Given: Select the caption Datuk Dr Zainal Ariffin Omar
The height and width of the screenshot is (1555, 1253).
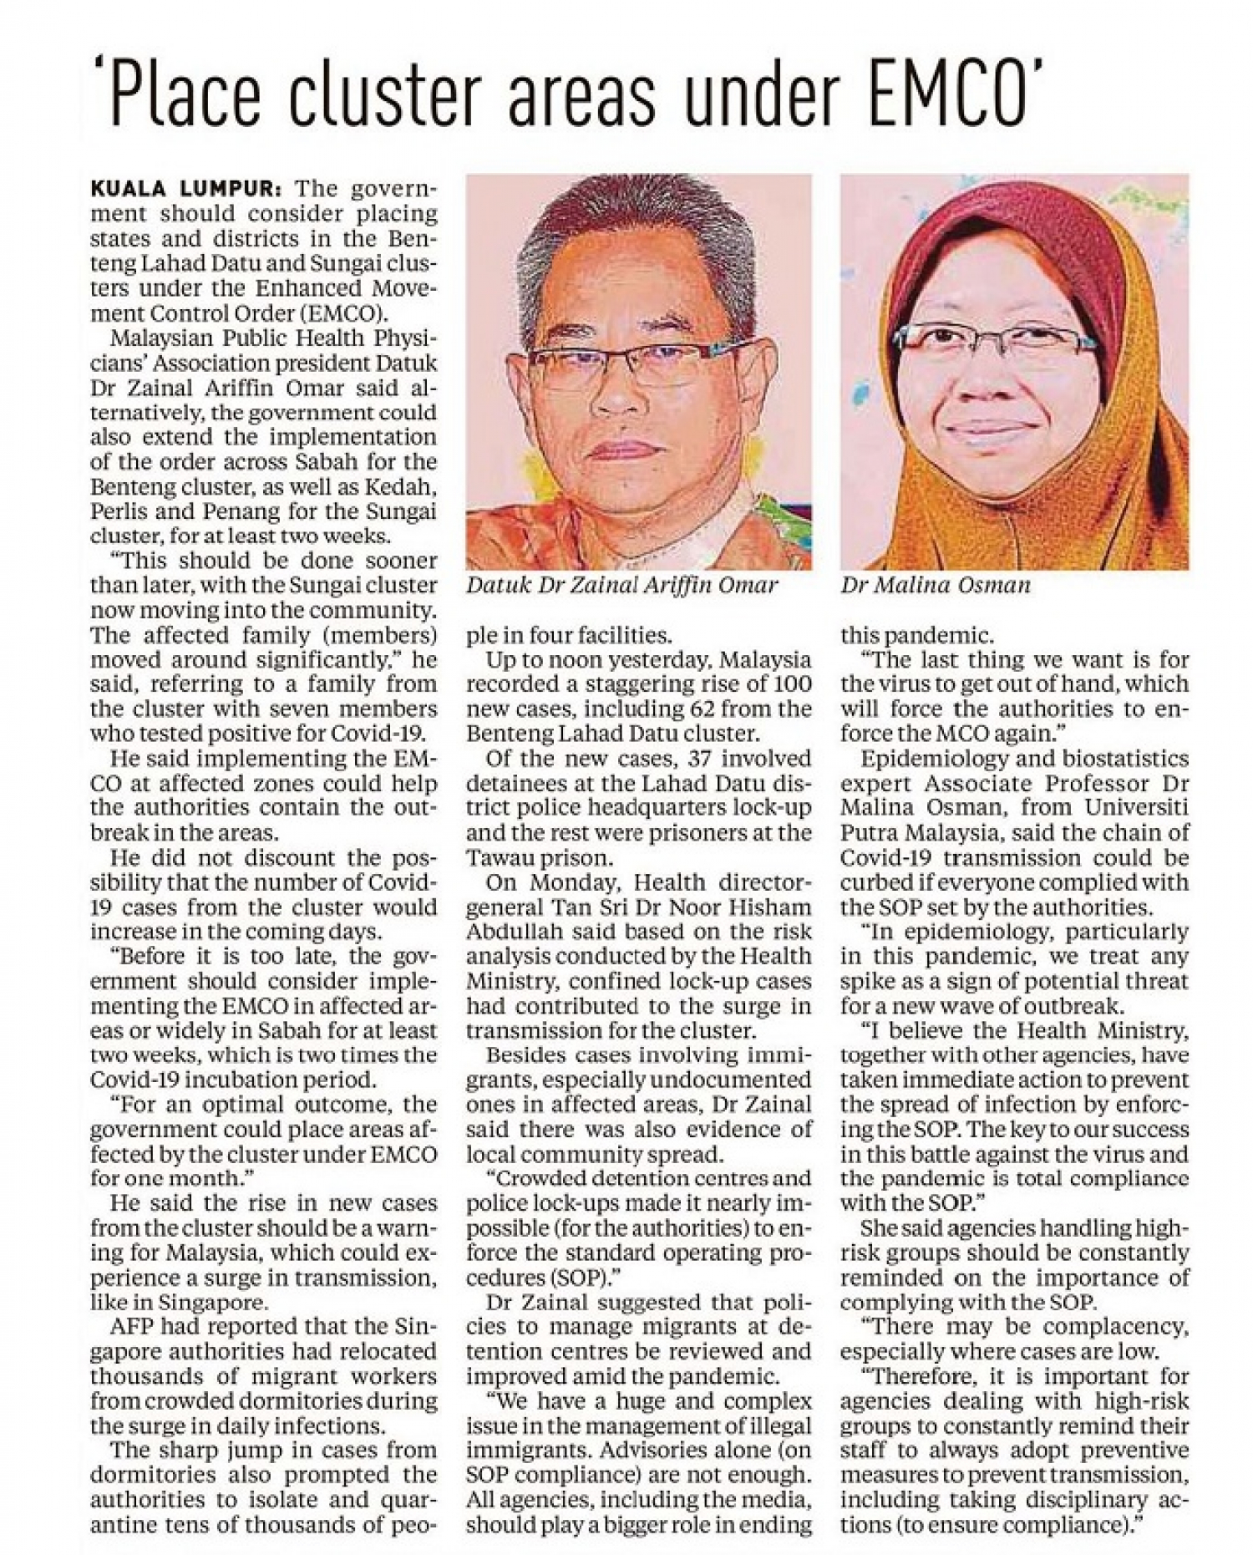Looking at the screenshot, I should point(621,585).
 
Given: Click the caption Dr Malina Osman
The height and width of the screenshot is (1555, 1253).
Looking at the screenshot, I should point(936,585).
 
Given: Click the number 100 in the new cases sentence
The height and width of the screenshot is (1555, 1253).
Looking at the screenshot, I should point(791,684).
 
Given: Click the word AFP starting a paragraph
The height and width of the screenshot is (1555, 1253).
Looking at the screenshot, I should point(132,1327).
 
